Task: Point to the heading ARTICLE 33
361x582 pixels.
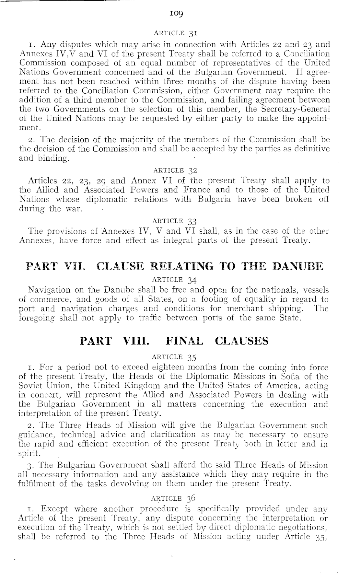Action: pyautogui.click(x=174, y=221)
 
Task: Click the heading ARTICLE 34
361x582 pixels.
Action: pyautogui.click(x=175, y=279)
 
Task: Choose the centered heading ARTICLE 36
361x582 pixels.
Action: pyautogui.click(x=175, y=498)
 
